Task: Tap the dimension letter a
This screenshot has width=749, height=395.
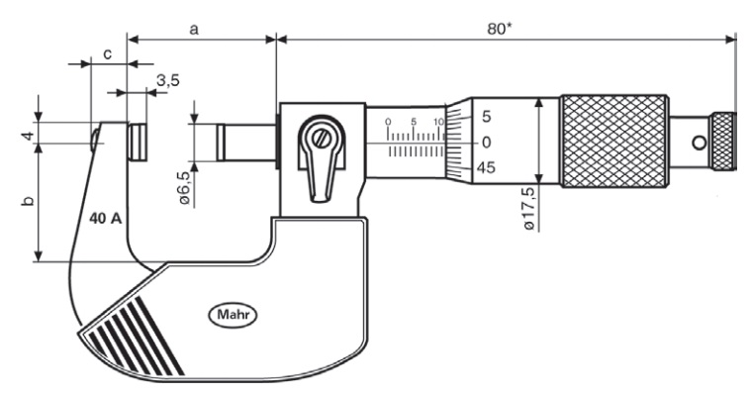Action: (195, 29)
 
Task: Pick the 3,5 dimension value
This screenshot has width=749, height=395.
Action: (167, 80)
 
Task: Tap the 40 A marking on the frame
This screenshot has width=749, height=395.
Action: (104, 218)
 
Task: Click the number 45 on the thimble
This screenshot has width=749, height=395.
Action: (486, 168)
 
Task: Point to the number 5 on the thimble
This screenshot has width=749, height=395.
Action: (486, 117)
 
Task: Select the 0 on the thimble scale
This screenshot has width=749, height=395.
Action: (486, 143)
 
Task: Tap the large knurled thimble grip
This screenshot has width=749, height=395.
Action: (613, 141)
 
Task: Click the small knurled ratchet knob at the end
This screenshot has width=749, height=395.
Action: (725, 142)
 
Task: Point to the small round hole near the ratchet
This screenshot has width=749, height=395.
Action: (701, 143)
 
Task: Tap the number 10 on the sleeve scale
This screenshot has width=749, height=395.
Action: (438, 122)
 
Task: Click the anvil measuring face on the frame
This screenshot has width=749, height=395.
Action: (139, 142)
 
